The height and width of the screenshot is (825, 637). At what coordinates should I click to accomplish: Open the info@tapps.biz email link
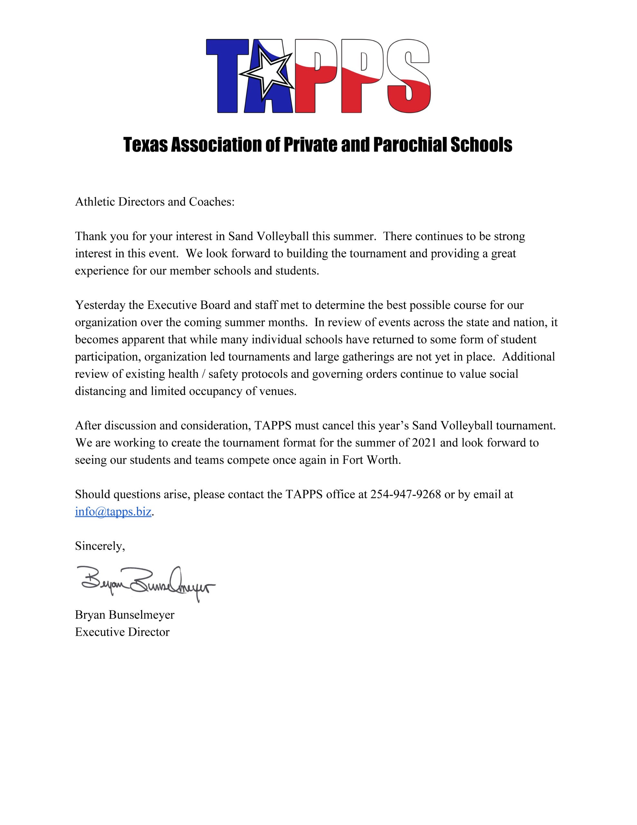(113, 511)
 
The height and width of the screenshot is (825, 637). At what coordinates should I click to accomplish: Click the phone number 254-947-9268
(405, 494)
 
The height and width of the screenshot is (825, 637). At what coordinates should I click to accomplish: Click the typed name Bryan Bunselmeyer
(125, 615)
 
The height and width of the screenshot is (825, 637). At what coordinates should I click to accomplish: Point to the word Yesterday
(100, 305)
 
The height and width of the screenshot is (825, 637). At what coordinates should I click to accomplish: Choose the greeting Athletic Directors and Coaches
(155, 202)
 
